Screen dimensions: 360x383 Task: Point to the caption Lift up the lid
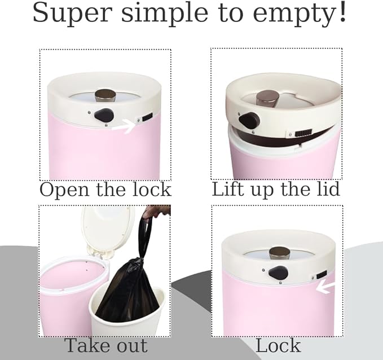tap(276, 189)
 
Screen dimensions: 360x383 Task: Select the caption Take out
tap(105, 345)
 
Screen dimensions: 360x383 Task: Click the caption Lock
tap(278, 345)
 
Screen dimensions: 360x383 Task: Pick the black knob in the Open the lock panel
tap(104, 116)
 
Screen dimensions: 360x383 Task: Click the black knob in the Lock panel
tap(278, 273)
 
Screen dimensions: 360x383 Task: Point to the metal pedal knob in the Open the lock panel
tap(104, 95)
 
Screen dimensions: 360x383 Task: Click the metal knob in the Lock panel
tap(279, 252)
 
